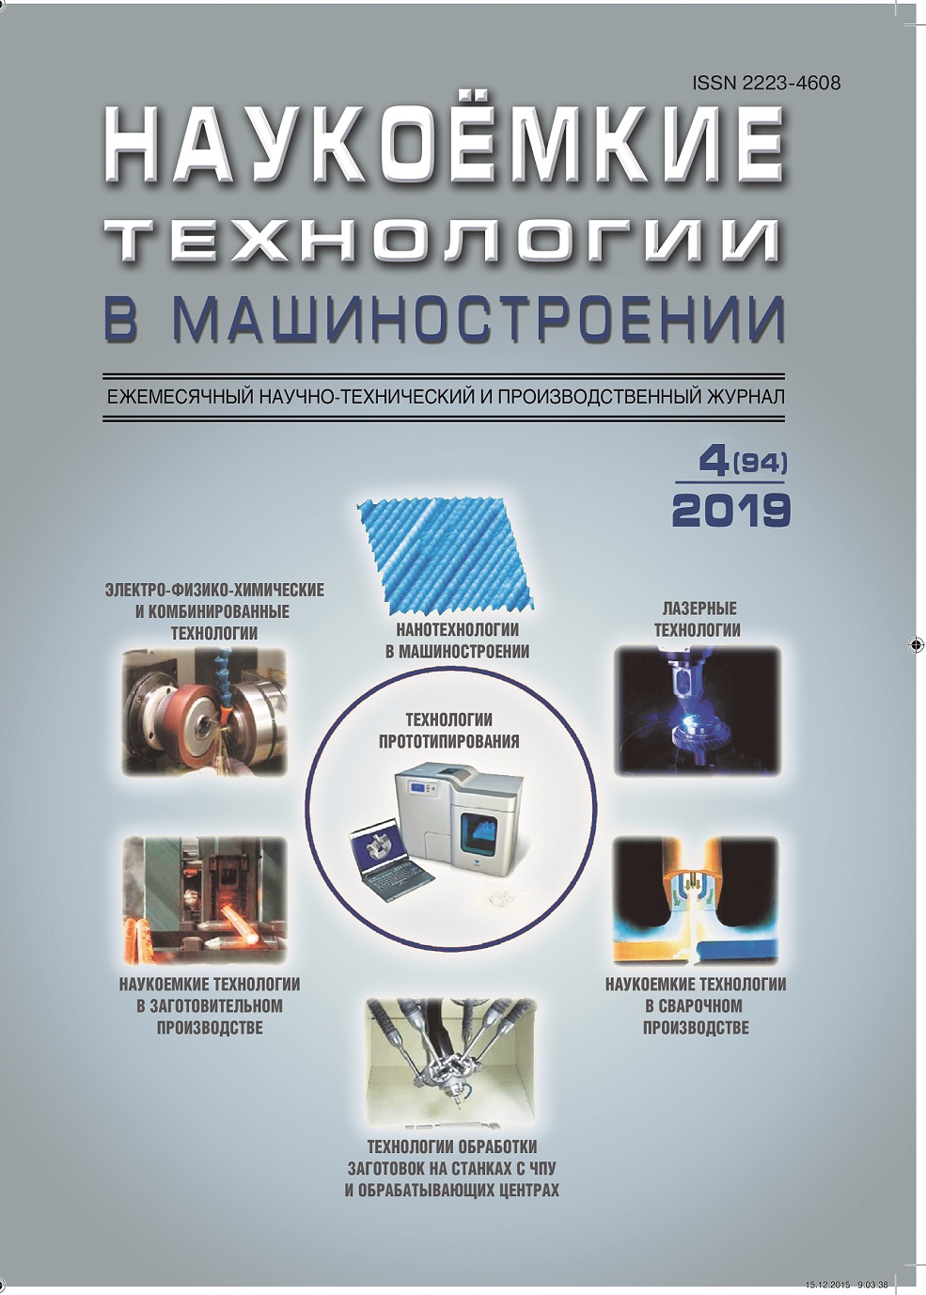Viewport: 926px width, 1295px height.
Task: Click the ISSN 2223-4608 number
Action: coord(766,83)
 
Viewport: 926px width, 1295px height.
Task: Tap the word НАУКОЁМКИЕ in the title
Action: coord(445,149)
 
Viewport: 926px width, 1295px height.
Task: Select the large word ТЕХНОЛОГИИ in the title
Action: coord(445,242)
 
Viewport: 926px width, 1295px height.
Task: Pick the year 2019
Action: coord(730,509)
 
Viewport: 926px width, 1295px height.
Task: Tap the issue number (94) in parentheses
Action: coord(760,464)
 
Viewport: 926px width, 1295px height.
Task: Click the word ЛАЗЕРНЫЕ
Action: coord(697,608)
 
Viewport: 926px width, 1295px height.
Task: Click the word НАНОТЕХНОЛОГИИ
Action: coord(457,629)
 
